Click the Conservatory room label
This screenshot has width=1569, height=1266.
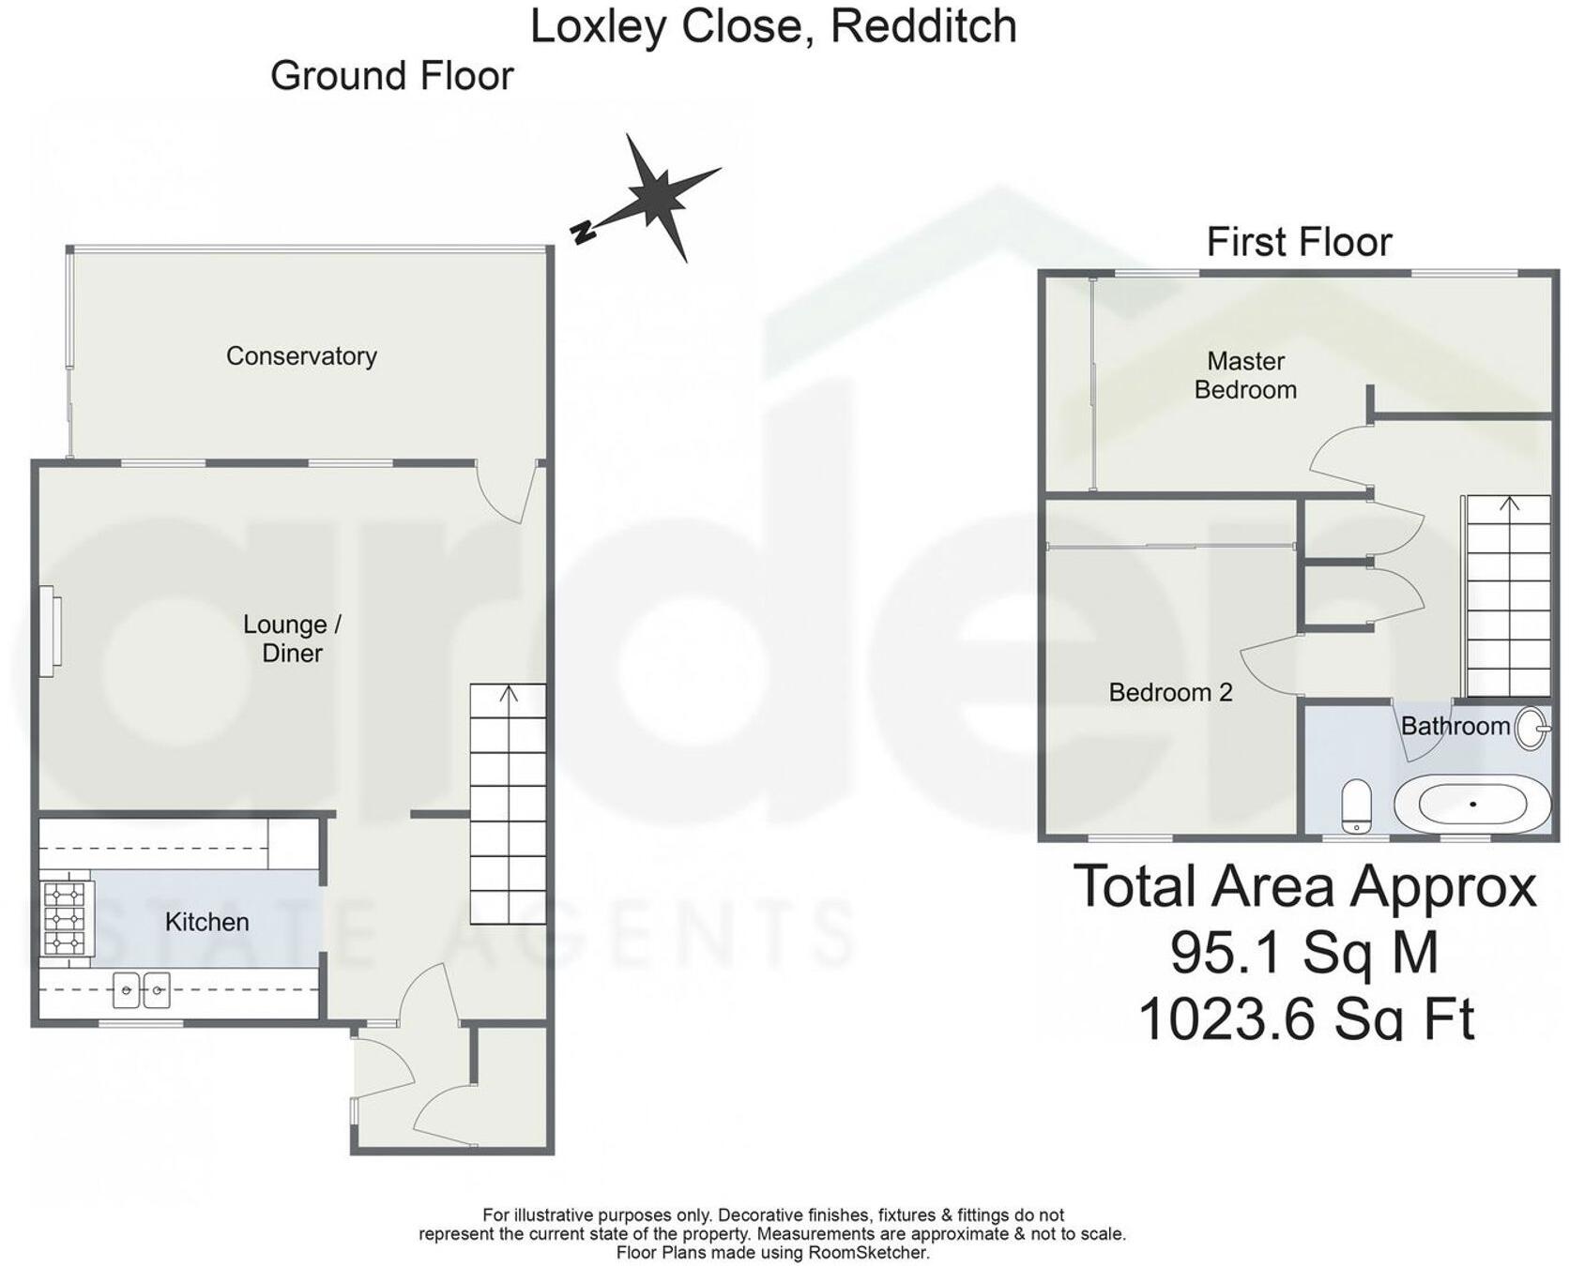tap(301, 356)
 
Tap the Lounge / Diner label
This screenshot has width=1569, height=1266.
tap(292, 639)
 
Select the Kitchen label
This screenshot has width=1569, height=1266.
tap(206, 922)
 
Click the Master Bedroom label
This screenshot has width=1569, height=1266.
tap(1245, 375)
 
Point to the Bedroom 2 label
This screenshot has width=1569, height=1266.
tap(1170, 693)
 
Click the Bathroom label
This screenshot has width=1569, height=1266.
tap(1455, 726)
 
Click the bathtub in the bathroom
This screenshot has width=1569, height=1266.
tap(1472, 805)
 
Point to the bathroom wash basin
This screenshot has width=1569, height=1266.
tap(1532, 728)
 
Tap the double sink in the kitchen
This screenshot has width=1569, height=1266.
tap(142, 989)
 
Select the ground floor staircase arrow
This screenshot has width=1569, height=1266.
tap(509, 695)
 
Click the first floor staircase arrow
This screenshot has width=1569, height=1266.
tap(1509, 504)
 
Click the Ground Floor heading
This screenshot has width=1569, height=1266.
tap(391, 76)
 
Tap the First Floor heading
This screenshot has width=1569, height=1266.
tap(1299, 242)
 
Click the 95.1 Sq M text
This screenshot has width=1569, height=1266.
tap(1304, 953)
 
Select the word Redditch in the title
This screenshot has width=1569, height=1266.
tap(923, 25)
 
